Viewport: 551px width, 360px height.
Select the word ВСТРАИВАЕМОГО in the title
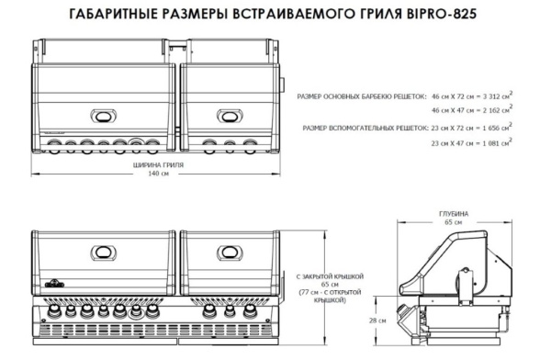click(296, 16)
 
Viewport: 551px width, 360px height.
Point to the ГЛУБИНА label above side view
click(455, 214)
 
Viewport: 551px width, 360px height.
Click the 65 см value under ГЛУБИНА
click(455, 222)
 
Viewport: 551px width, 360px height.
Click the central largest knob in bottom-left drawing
click(102, 310)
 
